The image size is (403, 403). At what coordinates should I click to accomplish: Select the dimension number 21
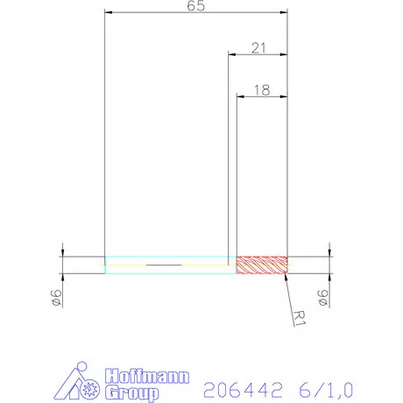click(x=258, y=48)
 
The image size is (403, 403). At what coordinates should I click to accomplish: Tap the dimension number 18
click(x=262, y=89)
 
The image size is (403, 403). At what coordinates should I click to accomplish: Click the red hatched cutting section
click(x=262, y=265)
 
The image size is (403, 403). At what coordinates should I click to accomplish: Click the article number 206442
click(x=239, y=386)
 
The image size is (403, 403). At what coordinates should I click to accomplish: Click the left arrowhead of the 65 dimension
click(x=108, y=12)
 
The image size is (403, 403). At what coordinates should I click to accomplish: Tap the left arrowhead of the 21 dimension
click(x=231, y=54)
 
